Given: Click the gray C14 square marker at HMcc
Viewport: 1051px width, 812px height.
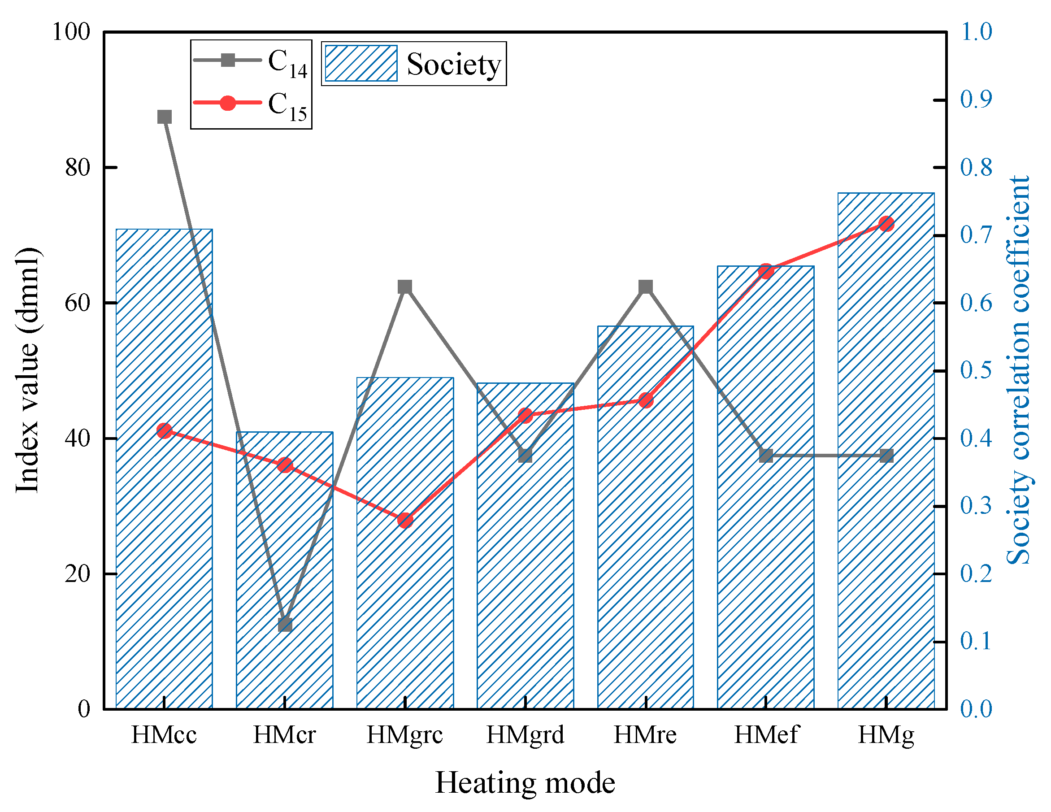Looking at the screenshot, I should click(x=165, y=117).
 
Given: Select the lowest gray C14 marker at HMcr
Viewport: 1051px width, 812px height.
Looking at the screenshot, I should click(x=285, y=624).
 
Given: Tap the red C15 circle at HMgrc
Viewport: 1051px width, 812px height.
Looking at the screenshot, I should click(x=405, y=520).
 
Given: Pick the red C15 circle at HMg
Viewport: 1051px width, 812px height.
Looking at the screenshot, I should click(x=886, y=224).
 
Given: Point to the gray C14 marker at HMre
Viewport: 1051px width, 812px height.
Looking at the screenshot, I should click(x=646, y=287).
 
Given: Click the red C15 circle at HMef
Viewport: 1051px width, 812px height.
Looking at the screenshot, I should click(x=766, y=271).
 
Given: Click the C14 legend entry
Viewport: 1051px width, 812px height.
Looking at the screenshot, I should click(x=250, y=61).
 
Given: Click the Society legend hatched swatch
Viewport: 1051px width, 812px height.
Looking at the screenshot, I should click(x=361, y=64).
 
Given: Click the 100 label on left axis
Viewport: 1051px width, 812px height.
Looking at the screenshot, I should click(x=71, y=32).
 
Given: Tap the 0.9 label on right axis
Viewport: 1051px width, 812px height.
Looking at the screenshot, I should click(x=976, y=100).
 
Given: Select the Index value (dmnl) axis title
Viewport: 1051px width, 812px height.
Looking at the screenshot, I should click(x=27, y=371).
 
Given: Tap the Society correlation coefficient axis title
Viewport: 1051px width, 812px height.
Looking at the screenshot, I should click(x=1019, y=371).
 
